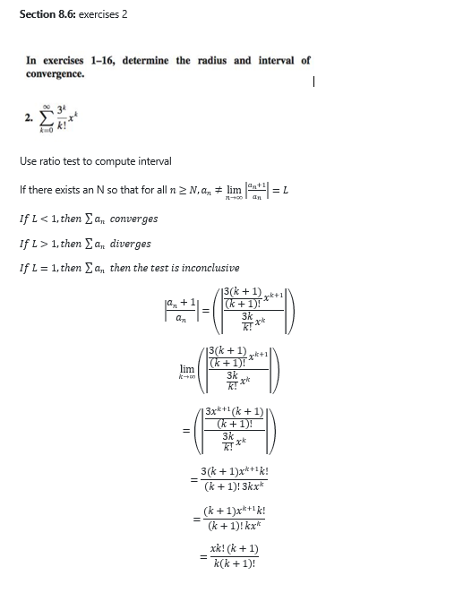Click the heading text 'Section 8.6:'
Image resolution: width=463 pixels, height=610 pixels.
click(47, 15)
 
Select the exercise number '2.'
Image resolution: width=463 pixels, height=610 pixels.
click(30, 116)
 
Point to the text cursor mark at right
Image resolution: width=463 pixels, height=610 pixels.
click(315, 82)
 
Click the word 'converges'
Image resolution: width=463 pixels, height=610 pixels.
click(133, 219)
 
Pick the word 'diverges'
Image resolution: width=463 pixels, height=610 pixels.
click(130, 244)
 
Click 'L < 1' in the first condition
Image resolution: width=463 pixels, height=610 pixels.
click(42, 219)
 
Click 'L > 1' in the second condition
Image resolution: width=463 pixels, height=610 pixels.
click(42, 244)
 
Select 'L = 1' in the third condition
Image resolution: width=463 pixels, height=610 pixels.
click(42, 268)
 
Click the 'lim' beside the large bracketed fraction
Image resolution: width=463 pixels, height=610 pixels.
click(186, 368)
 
